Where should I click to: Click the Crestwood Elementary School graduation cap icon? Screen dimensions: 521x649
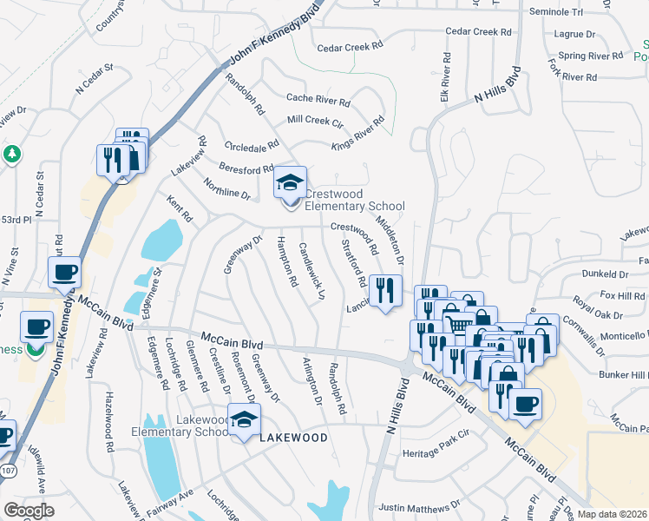coord(291,182)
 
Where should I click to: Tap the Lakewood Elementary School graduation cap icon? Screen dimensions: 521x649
coord(245,420)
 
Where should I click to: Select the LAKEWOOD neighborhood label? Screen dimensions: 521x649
coord(294,438)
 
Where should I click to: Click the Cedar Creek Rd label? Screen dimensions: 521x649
coord(480,32)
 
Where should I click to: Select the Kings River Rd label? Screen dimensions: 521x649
coord(357,131)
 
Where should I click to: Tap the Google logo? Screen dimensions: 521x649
coord(29,511)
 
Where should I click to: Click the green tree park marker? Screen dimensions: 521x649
coord(11,154)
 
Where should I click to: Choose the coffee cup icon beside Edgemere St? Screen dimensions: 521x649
coord(64,274)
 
